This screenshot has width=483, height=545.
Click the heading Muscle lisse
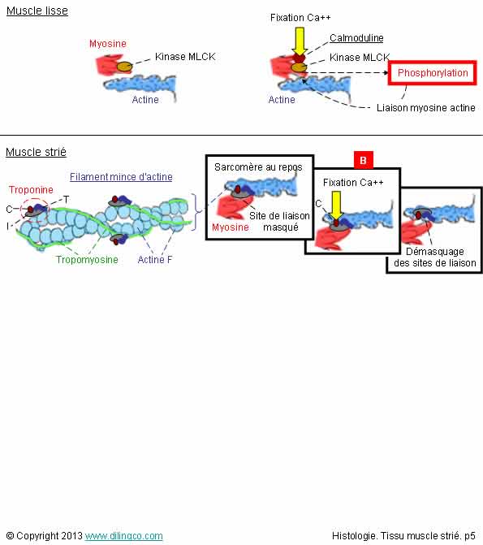(x=37, y=11)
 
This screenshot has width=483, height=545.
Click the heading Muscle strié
(x=37, y=152)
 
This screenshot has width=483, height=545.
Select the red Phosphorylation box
(x=433, y=72)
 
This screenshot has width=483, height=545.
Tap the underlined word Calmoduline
(x=356, y=38)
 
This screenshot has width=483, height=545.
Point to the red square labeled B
(x=363, y=160)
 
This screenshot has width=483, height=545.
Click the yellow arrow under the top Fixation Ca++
(x=300, y=41)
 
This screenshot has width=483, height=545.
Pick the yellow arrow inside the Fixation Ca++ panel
(x=336, y=205)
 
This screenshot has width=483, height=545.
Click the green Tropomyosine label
(x=87, y=260)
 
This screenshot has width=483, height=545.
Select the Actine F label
(x=155, y=260)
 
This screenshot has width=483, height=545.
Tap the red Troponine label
(x=31, y=190)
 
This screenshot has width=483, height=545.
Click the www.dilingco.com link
(x=123, y=535)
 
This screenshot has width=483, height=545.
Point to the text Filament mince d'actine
(x=121, y=177)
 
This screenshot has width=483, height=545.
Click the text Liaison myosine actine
(x=426, y=108)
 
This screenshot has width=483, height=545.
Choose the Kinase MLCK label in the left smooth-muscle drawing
(x=185, y=57)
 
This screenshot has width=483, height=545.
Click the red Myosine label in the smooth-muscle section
(x=108, y=44)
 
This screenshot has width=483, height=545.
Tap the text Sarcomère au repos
(x=258, y=167)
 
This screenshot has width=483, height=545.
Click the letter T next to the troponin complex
(x=66, y=200)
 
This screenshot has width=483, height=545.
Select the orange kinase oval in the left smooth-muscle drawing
(x=124, y=67)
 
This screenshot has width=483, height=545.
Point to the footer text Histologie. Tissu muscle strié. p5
(x=403, y=535)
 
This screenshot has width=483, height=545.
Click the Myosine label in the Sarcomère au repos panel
(x=231, y=227)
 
